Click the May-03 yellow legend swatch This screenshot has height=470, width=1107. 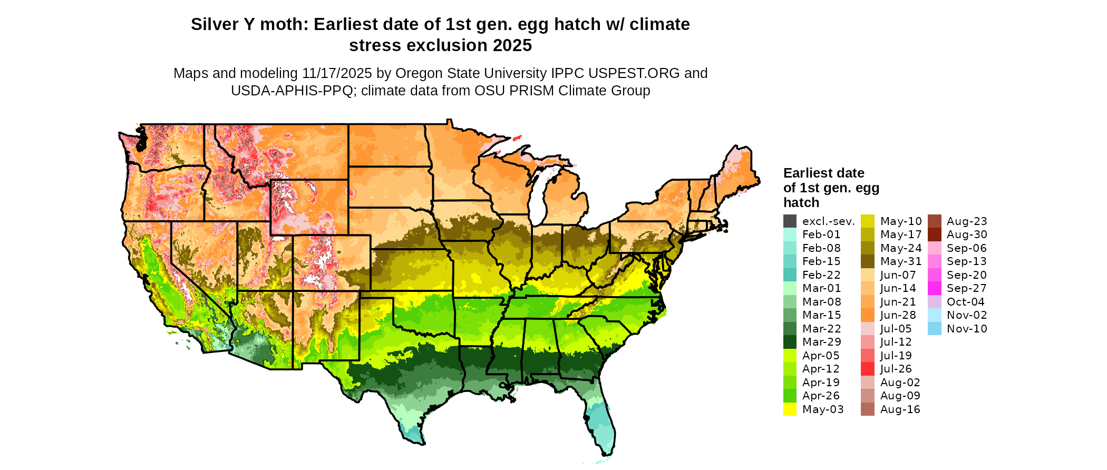(x=790, y=409)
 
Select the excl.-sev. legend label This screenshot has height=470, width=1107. (x=828, y=221)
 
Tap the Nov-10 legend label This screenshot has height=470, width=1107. (x=967, y=329)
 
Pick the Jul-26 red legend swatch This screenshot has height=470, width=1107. (x=868, y=369)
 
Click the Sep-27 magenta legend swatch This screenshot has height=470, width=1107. (x=934, y=288)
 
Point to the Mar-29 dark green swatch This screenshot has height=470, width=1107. (x=790, y=342)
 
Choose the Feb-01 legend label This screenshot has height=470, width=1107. (x=821, y=234)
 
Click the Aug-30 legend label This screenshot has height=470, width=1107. (x=967, y=234)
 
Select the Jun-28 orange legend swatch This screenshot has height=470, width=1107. (x=868, y=315)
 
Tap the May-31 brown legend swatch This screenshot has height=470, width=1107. (x=868, y=261)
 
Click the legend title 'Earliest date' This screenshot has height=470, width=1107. (x=823, y=173)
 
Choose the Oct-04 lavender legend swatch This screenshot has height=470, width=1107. (x=934, y=302)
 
